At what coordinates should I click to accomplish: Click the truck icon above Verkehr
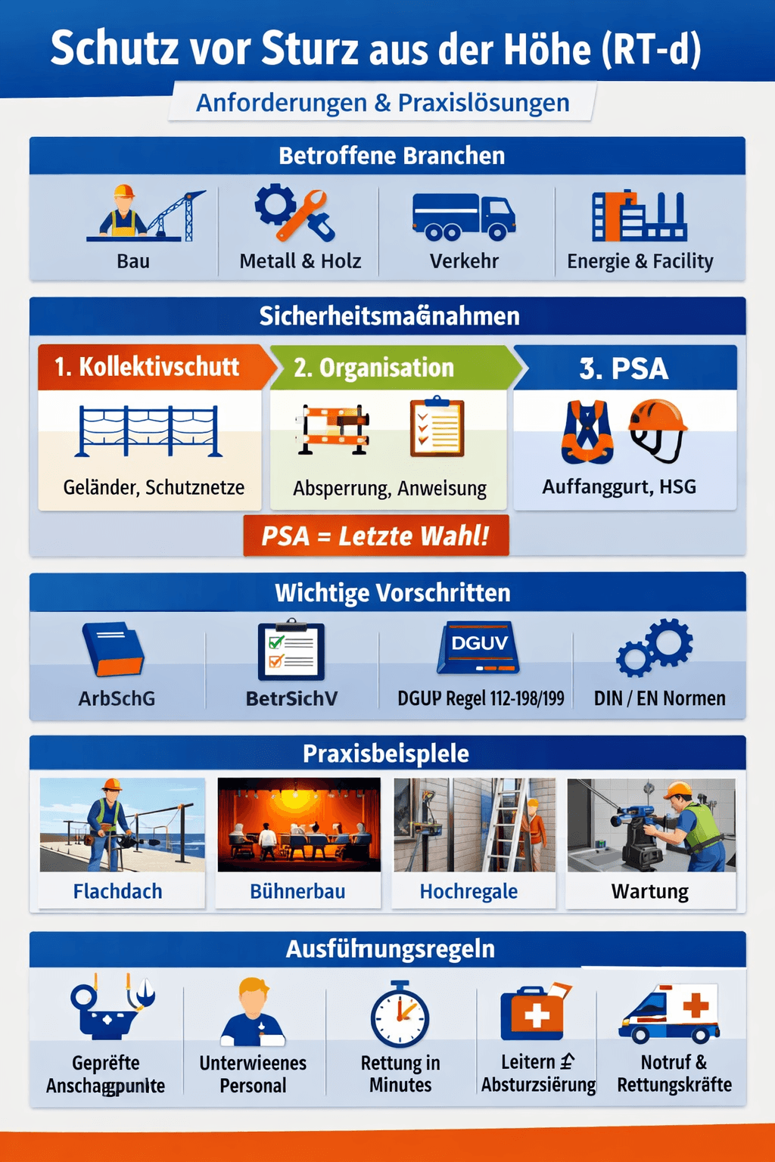click(463, 216)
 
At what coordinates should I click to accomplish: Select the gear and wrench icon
click(294, 213)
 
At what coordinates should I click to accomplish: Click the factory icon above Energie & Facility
click(639, 216)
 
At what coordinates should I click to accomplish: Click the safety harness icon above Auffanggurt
click(587, 431)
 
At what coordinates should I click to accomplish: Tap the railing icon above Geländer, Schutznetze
click(149, 431)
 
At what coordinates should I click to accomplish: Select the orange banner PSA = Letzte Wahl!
click(375, 536)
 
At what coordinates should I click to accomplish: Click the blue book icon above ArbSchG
click(113, 649)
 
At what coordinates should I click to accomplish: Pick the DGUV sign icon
click(478, 648)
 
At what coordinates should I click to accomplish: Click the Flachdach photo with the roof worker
click(122, 825)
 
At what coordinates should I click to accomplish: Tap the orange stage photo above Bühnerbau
click(299, 825)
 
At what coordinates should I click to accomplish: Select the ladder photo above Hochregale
click(475, 825)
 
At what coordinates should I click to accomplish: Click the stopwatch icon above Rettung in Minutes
click(400, 1015)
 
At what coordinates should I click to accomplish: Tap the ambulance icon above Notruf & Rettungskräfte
click(669, 1014)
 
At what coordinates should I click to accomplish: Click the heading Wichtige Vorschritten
click(392, 593)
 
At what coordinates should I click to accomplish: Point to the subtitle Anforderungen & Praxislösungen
click(382, 102)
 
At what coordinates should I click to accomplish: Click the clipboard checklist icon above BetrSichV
click(291, 651)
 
